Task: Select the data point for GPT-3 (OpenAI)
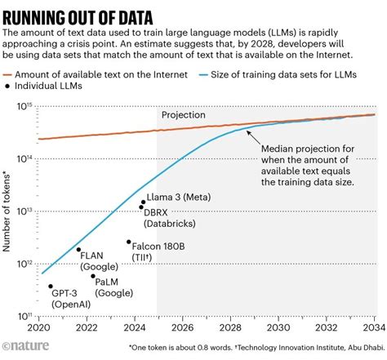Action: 51,287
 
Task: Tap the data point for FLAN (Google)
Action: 78,250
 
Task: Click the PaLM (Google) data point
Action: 93,276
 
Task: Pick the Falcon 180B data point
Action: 128,242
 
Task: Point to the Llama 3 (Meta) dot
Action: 144,202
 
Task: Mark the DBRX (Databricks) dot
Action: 141,207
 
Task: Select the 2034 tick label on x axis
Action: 373,329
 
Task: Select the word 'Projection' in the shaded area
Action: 183,115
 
